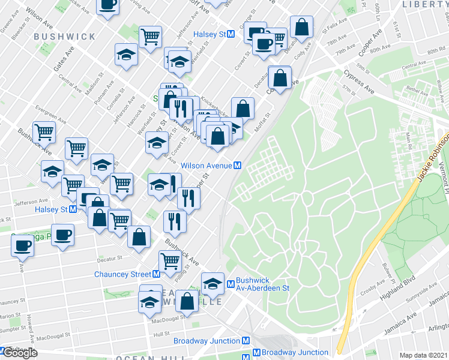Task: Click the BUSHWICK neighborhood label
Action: pos(65,37)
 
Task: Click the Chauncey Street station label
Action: pos(122,274)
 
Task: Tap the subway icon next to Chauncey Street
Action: pos(156,274)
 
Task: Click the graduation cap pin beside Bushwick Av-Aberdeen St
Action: pos(212,284)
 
